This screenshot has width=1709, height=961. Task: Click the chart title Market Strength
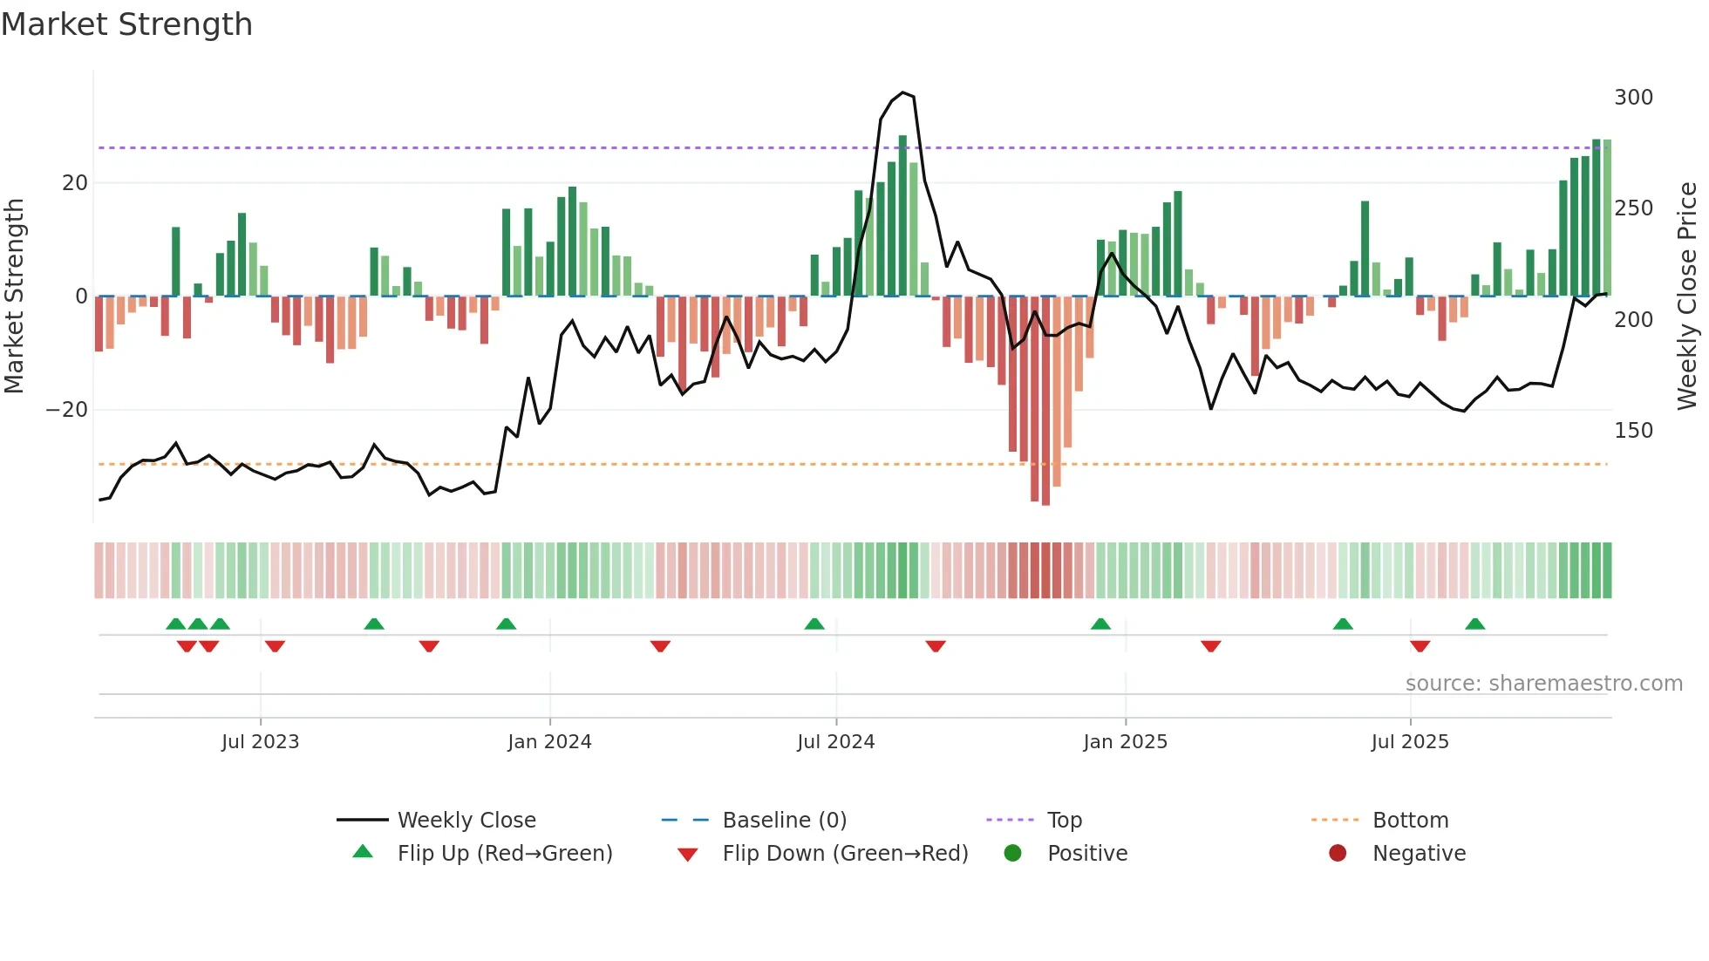(x=126, y=24)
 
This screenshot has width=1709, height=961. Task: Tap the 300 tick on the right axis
(x=1632, y=98)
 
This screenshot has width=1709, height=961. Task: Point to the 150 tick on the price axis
(x=1632, y=431)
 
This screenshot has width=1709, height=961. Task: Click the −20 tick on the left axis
(x=67, y=410)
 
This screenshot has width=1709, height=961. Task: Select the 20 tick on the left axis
(x=75, y=183)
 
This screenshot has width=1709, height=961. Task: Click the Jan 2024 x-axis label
(x=549, y=742)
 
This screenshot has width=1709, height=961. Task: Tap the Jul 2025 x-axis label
(x=1409, y=742)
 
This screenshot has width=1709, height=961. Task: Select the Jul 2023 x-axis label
(x=260, y=742)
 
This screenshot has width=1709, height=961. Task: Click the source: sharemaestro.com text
(x=1543, y=684)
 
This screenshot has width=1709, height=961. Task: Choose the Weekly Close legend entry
(x=466, y=821)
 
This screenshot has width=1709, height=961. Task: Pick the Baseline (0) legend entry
(x=784, y=821)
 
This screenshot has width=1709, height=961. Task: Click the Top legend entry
(x=1064, y=821)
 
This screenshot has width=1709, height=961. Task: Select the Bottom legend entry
(x=1410, y=821)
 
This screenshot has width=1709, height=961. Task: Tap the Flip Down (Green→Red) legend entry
(x=845, y=854)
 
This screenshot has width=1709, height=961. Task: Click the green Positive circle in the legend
(x=1012, y=854)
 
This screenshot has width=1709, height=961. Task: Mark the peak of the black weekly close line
(x=902, y=92)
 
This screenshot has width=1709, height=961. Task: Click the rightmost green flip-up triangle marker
(x=1474, y=624)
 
